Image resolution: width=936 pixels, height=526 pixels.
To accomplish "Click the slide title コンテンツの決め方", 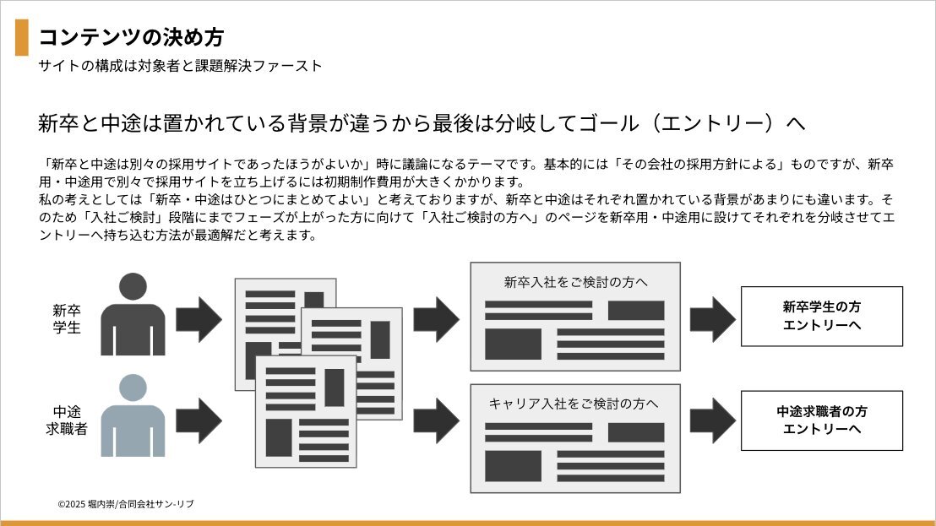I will point(131,37).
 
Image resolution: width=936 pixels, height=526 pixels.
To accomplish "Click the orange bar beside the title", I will point(22,37).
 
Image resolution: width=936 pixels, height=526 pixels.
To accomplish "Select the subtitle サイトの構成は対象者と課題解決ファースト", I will point(180,66).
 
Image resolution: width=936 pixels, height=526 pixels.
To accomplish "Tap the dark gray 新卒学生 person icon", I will point(133,316).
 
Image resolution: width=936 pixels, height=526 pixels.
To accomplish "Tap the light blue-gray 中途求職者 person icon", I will point(133,416).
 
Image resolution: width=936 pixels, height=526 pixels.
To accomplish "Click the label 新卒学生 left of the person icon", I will point(66,318).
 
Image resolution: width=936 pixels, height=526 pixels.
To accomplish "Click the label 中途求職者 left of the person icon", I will point(66,420).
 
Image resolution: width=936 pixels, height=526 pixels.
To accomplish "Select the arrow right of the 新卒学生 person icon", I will point(199,319).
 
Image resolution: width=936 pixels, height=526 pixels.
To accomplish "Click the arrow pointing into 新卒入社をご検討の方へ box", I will point(436,319).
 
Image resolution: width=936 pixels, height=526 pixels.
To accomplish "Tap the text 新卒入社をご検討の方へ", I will point(575,282).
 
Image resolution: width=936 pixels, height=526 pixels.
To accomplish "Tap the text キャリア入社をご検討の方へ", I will point(574,404).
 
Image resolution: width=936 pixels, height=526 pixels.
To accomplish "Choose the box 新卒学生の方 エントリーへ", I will point(821,316).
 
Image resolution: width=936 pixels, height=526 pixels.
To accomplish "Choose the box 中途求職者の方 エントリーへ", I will point(821,420).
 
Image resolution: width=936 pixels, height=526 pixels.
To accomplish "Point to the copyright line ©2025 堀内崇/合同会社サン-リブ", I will point(126,504).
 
